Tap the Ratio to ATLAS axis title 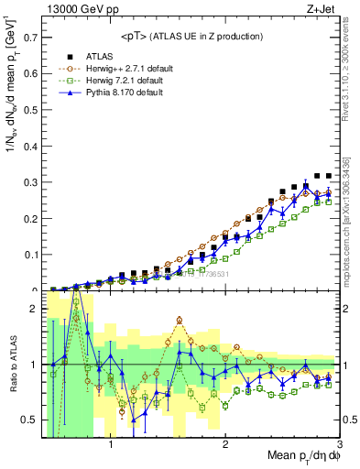coord(12,374)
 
